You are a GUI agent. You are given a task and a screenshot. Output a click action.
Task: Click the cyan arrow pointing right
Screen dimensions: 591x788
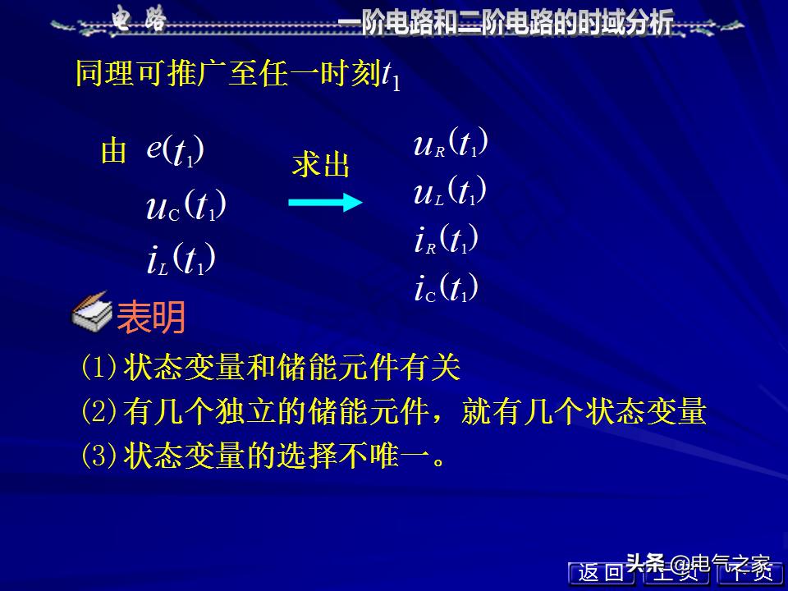[x=325, y=202]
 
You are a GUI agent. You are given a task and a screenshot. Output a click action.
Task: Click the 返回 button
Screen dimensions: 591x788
[x=601, y=573]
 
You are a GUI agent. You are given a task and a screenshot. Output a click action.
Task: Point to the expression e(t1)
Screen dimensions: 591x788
[x=176, y=150]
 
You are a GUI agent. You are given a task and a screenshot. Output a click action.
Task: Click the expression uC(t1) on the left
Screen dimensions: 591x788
[x=186, y=206]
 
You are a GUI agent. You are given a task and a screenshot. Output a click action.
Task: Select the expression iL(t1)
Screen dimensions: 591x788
[x=181, y=260]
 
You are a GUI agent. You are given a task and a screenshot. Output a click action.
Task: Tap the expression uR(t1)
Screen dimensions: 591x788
[x=451, y=144]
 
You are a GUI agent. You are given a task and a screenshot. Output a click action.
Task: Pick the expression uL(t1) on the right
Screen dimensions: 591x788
[x=451, y=192]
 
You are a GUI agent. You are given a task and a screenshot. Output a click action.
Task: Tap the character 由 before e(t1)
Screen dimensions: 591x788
[x=113, y=152]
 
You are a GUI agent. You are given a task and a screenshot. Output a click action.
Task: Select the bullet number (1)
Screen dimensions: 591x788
[x=99, y=367]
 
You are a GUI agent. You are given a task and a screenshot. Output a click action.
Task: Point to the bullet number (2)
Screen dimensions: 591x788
[x=99, y=411]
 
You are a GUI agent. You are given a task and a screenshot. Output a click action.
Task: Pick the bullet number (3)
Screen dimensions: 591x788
[x=99, y=456]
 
